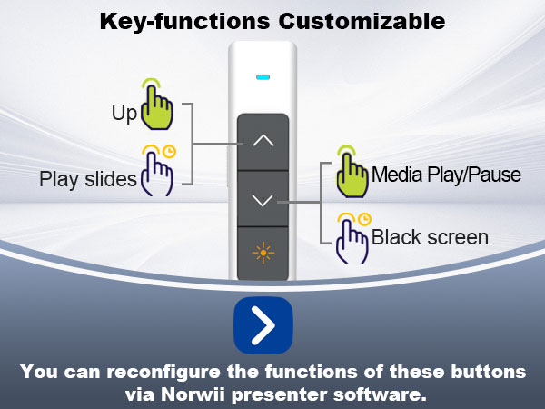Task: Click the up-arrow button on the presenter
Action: tap(263, 141)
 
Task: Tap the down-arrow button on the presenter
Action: tap(263, 201)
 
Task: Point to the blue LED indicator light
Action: tap(263, 76)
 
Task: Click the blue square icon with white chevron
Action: tap(263, 324)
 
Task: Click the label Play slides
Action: tap(87, 179)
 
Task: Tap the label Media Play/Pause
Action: tap(446, 175)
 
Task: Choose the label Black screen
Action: tap(430, 238)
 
